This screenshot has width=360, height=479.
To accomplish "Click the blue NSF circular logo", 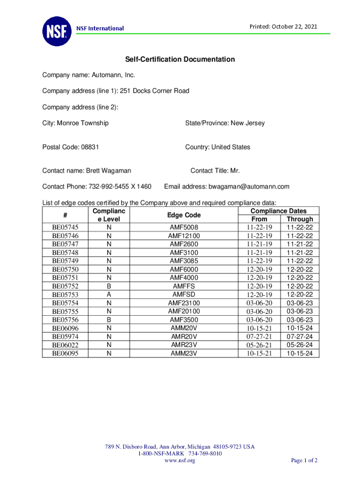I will click(x=57, y=31).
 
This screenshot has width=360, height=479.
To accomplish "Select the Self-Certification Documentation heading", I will click(x=180, y=59).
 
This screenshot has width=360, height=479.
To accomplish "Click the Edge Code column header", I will click(x=184, y=215).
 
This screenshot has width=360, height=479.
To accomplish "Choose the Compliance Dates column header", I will click(x=279, y=211).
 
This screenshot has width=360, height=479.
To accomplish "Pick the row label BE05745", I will click(x=65, y=227).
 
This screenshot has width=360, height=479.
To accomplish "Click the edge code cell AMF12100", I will click(x=184, y=236).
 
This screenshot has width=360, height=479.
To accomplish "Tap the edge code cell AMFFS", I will click(x=184, y=286).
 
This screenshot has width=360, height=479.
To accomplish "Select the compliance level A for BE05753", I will click(x=109, y=295).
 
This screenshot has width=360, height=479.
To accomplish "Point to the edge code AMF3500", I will click(x=184, y=320).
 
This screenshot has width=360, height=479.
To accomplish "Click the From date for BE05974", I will click(x=259, y=337).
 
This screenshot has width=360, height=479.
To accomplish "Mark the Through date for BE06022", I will click(x=300, y=345).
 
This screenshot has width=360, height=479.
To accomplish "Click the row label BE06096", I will click(x=65, y=328).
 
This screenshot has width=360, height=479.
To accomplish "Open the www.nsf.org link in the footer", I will click(x=180, y=461).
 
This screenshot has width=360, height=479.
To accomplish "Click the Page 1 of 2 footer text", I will click(x=304, y=461).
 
